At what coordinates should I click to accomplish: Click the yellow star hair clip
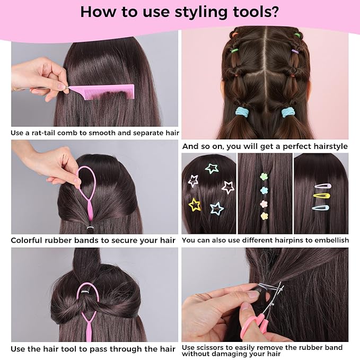point(195,205)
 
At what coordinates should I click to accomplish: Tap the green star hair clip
point(212,169)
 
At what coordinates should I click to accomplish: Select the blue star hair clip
point(216,208)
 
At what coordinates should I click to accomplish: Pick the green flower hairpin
point(264,177)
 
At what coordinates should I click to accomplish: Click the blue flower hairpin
point(264,190)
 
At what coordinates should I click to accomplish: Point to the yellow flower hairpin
point(264,216)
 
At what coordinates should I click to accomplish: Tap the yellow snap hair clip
point(321,196)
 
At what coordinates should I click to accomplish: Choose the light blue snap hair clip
point(321,208)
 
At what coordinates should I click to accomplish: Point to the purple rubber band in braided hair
point(294,51)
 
